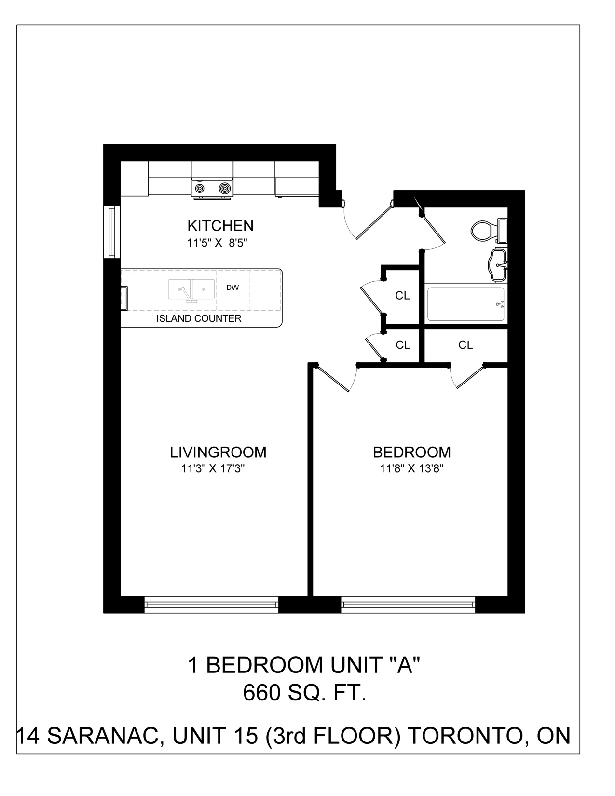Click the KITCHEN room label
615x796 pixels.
coord(220,226)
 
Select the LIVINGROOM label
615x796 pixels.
coord(218,453)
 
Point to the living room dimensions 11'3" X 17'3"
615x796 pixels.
coord(213,469)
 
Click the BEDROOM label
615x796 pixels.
coord(412,453)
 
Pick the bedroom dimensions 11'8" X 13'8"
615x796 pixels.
coord(412,469)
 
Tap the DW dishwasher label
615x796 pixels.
coord(232,288)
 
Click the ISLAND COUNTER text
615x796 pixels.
coord(199,318)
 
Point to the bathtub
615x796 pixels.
coord(465,304)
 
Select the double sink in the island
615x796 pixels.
coord(191,289)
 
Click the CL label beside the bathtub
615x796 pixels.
coord(402,296)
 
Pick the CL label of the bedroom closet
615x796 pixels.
coord(465,345)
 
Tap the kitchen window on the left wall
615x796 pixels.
coord(112,232)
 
